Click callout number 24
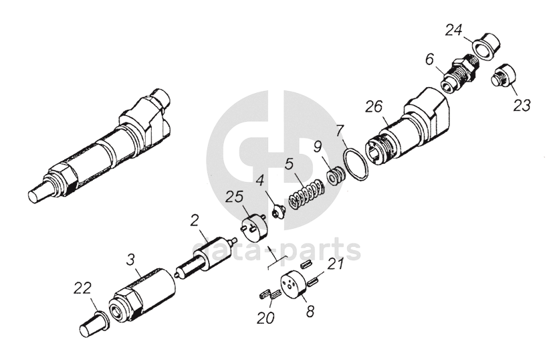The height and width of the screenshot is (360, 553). click(453, 30)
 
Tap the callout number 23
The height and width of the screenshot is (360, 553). click(522, 105)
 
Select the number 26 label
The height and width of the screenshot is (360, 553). click(374, 107)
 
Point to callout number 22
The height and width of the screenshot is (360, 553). click(82, 288)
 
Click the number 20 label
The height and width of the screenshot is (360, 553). click(265, 319)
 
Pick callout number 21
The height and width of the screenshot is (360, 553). click(335, 264)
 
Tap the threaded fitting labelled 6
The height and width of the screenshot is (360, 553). click(459, 75)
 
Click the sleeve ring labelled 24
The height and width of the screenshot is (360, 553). click(486, 46)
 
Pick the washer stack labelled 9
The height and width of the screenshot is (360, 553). click(336, 175)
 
